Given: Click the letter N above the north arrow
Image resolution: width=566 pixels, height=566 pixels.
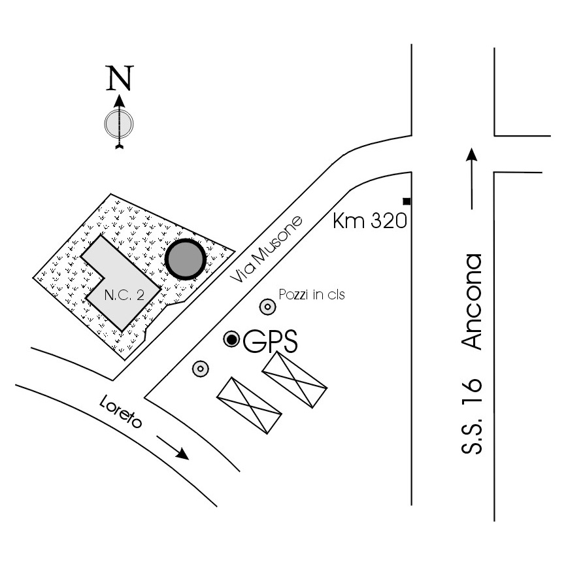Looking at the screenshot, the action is click(x=119, y=78).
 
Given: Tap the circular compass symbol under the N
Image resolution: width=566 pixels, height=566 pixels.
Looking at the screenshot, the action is click(x=119, y=122).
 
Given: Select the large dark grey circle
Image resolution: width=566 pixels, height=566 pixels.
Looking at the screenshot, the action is click(x=186, y=260).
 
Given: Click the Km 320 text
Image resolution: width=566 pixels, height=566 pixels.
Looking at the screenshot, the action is click(x=370, y=220).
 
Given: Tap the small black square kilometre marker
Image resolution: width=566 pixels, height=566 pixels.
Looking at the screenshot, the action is click(x=407, y=201).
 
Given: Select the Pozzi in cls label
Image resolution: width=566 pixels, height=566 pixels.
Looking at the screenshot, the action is click(x=311, y=294).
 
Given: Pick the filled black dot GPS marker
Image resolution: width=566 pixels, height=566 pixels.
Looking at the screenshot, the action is click(x=232, y=339).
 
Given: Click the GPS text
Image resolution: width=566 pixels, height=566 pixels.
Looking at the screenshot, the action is click(x=270, y=341).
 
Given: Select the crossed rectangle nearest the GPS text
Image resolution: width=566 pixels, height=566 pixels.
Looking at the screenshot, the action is click(x=294, y=380).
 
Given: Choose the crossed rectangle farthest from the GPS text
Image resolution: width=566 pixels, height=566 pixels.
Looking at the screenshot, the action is click(x=249, y=405).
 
